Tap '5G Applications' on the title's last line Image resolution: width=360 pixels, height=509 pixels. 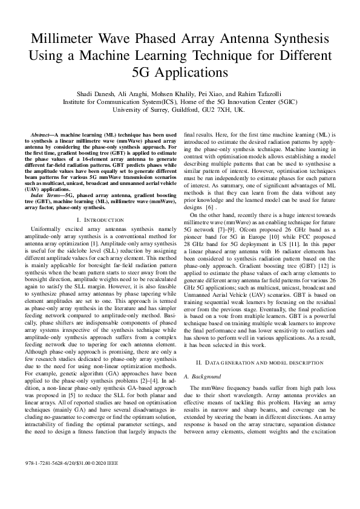(x=180, y=73)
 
